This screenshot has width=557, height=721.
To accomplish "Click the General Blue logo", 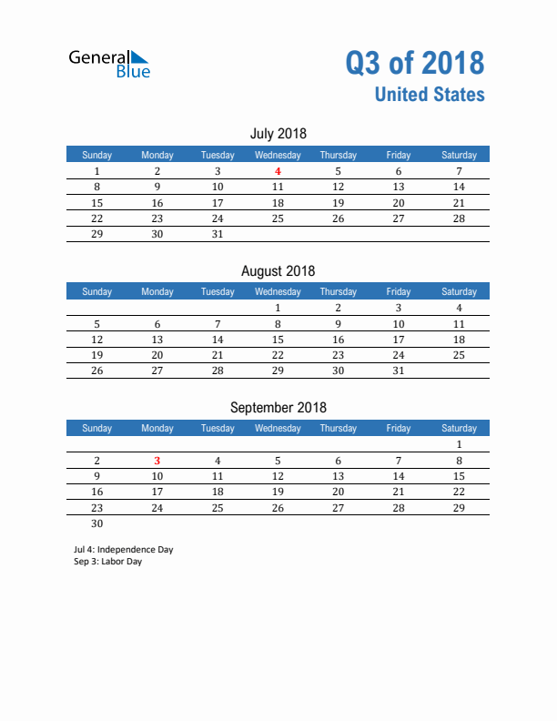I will (109, 64).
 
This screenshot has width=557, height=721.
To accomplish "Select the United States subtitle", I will (429, 95).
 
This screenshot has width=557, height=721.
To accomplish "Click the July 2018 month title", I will (278, 134).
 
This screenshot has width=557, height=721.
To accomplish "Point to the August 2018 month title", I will (278, 270).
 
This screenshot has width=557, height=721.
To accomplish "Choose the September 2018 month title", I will (278, 408).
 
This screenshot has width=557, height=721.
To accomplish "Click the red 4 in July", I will (278, 171).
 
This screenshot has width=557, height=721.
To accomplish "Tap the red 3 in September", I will (157, 461).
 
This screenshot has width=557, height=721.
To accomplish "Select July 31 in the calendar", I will (218, 234).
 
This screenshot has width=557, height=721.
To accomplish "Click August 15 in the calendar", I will (278, 340).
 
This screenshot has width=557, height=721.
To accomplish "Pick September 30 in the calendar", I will (97, 523).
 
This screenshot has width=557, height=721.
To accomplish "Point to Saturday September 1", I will (459, 445).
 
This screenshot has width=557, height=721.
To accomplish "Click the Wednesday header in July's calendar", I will (278, 155).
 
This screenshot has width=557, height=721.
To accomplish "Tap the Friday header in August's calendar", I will (398, 291).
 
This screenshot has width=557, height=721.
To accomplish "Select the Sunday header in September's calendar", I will (97, 428).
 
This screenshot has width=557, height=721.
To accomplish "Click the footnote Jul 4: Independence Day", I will (123, 550).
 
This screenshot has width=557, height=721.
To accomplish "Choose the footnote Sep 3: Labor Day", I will (107, 562).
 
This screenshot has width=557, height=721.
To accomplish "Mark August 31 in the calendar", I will (398, 371).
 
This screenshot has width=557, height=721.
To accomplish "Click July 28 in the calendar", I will (459, 218).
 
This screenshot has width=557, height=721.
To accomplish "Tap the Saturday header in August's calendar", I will (459, 291).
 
